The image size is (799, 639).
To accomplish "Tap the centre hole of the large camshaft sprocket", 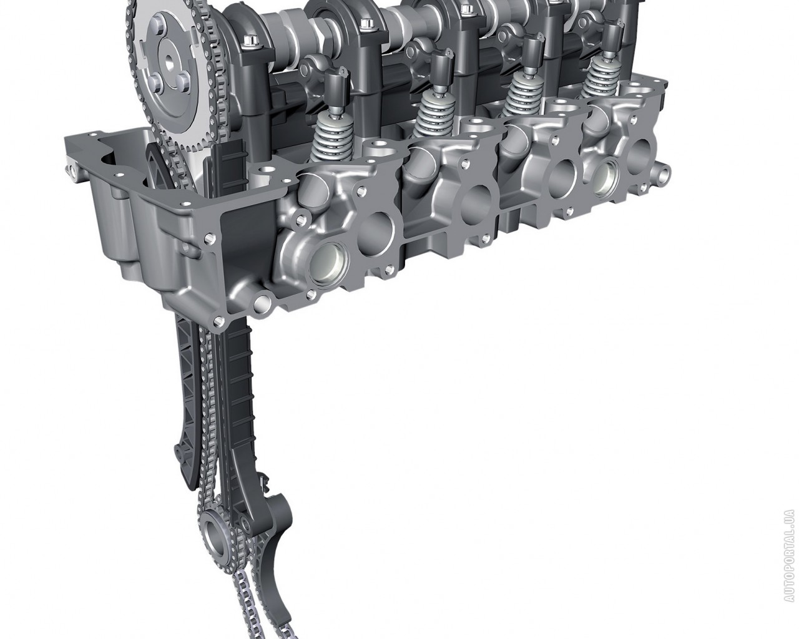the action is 170,61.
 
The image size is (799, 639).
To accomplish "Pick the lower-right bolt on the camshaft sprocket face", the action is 183,82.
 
